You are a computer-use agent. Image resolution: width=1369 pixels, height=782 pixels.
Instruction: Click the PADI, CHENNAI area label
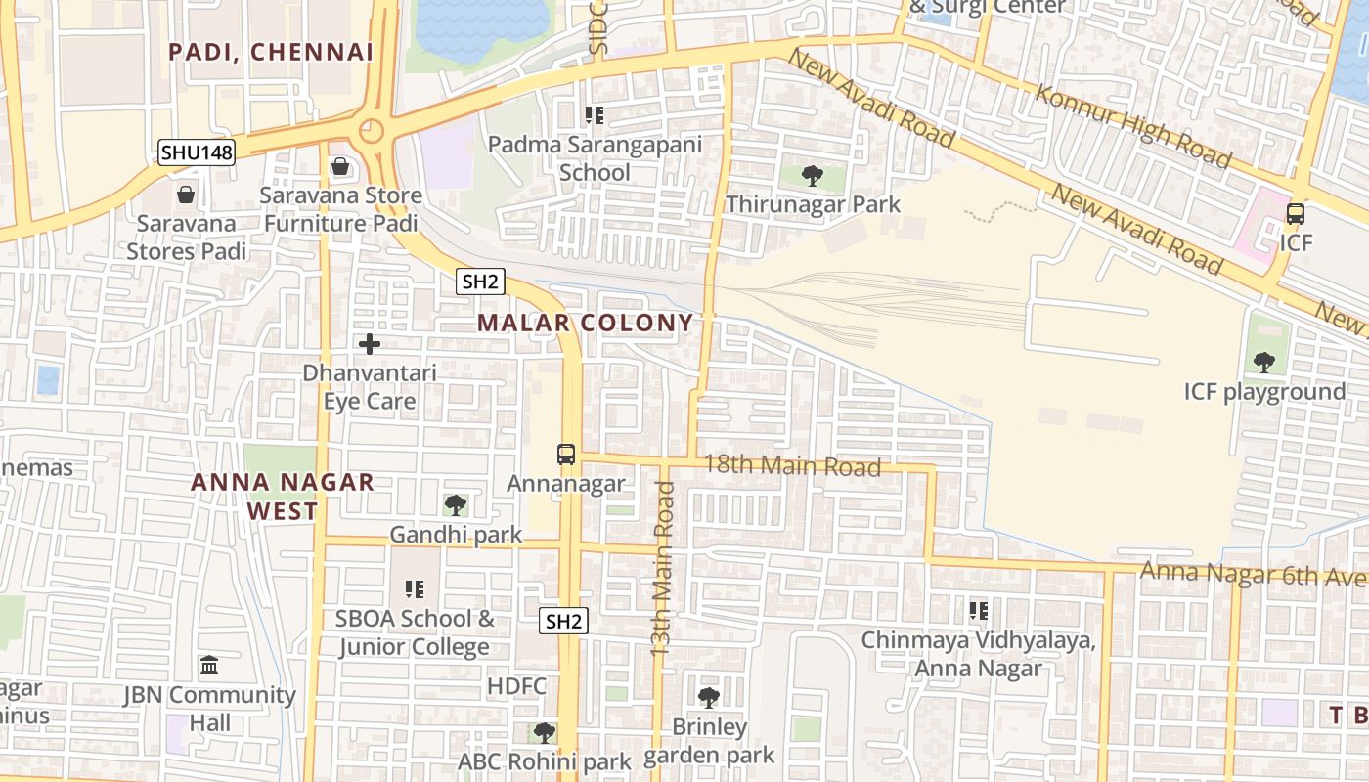pos(271,52)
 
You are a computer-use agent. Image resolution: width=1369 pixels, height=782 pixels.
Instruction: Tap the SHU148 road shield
pos(197,152)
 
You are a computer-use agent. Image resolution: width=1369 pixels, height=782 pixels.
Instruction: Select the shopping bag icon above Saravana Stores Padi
pos(186,195)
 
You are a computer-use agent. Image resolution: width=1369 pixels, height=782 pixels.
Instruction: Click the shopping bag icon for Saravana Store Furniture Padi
pos(340,167)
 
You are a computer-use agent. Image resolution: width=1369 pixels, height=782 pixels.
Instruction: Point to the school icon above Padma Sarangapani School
pos(594,116)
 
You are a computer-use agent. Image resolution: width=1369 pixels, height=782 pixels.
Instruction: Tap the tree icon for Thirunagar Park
pos(812,176)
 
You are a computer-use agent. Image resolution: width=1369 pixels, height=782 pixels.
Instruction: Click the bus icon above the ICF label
pos(1295,213)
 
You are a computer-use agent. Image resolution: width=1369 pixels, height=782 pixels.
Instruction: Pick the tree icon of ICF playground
pos(1263,363)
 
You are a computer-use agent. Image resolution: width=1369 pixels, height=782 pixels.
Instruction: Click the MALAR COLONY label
pos(585,323)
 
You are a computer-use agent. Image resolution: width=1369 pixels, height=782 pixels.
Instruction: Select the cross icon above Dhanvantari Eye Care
pos(370,344)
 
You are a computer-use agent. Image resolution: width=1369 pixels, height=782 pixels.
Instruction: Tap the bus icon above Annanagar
pos(566,455)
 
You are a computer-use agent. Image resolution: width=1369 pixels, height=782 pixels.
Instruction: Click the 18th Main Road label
pos(792,465)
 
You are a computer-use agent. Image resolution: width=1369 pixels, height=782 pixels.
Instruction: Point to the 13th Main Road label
pos(664,581)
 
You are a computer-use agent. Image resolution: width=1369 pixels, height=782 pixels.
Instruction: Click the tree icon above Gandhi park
pos(455,505)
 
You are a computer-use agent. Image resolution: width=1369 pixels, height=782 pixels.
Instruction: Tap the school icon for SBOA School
pos(415,589)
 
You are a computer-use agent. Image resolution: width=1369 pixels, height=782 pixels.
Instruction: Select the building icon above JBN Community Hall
pos(209,667)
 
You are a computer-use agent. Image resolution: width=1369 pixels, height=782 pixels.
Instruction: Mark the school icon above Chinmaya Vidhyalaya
pos(978,611)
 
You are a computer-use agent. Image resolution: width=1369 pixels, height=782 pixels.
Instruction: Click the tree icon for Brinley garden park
pos(709,698)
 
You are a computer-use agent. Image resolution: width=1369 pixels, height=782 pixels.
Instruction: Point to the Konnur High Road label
pos(1132,126)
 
